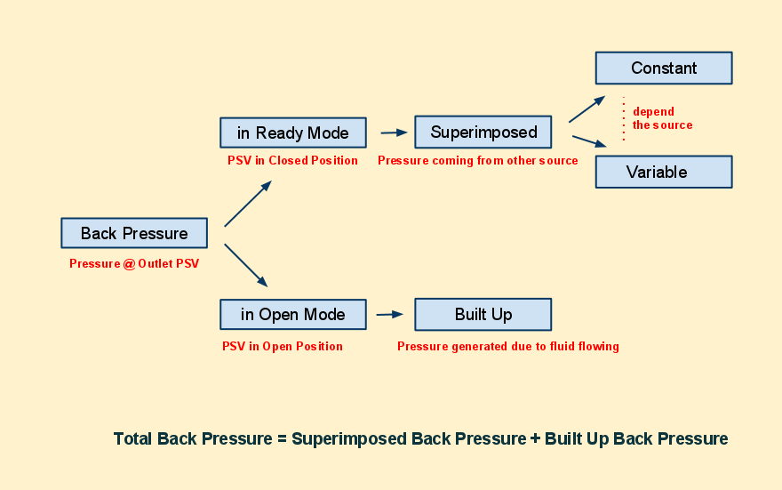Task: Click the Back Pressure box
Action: pyautogui.click(x=134, y=233)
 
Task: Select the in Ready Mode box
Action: pyautogui.click(x=292, y=133)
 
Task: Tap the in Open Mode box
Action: pyautogui.click(x=292, y=315)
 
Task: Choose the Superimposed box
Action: pyautogui.click(x=483, y=133)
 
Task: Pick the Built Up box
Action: pyautogui.click(x=483, y=315)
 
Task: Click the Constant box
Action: pyautogui.click(x=663, y=68)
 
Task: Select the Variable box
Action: pyautogui.click(x=663, y=172)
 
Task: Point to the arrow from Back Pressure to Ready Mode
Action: pyautogui.click(x=248, y=204)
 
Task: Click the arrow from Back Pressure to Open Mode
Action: pyautogui.click(x=246, y=265)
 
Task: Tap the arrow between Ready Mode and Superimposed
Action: pyautogui.click(x=394, y=133)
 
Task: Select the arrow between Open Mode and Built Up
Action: pyautogui.click(x=389, y=314)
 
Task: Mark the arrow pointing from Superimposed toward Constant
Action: pyautogui.click(x=586, y=109)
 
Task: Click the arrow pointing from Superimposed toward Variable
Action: pyautogui.click(x=589, y=141)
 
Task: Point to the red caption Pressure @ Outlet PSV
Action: pyautogui.click(x=134, y=264)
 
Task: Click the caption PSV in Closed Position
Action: pyautogui.click(x=292, y=161)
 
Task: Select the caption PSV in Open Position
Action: pyautogui.click(x=283, y=347)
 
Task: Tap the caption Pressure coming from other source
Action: pyautogui.click(x=478, y=161)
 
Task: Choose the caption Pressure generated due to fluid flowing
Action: pyautogui.click(x=507, y=347)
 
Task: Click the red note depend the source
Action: pyautogui.click(x=661, y=118)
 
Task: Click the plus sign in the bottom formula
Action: pyautogui.click(x=535, y=439)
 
